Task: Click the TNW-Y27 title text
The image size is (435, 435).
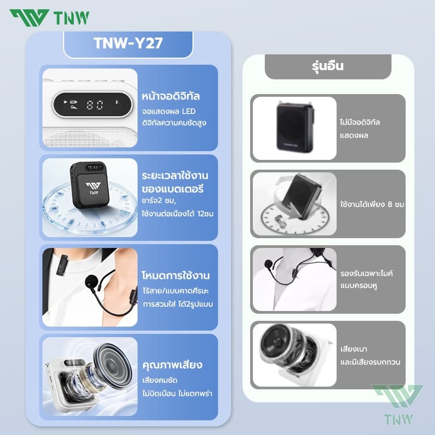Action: coord(128,44)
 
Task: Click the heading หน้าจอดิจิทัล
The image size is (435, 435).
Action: coord(171,97)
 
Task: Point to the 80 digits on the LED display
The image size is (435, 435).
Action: coord(95,105)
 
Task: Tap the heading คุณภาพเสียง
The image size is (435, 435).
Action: coord(171,364)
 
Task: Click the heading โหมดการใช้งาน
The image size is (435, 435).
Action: coord(175,275)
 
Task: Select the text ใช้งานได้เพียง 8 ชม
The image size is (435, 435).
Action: coord(372,204)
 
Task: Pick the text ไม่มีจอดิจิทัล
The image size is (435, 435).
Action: coord(359,122)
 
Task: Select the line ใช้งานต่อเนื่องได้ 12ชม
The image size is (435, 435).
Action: coord(177,214)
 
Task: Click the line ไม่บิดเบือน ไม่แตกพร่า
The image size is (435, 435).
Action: coord(177,392)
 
